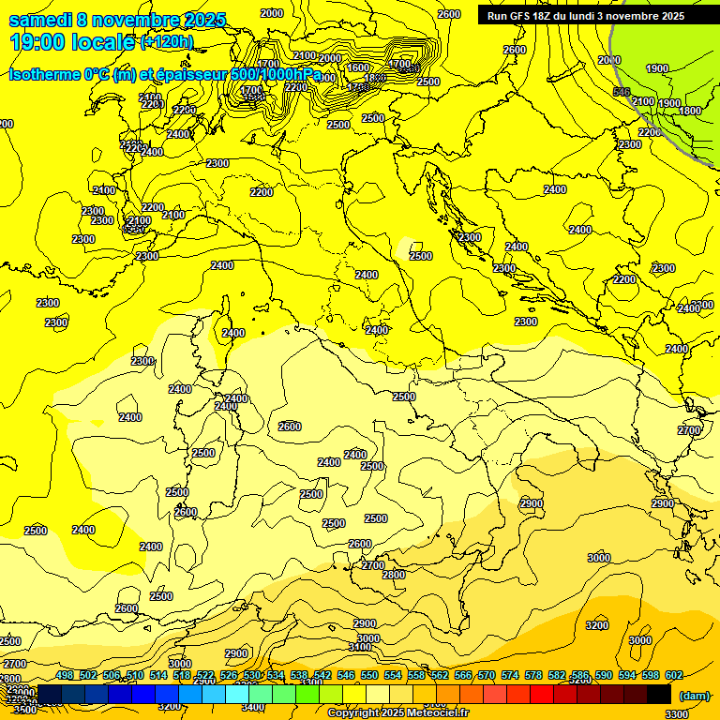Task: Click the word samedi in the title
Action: tap(39, 20)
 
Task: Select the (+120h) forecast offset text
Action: tap(167, 42)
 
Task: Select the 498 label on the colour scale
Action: tap(65, 675)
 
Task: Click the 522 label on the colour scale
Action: tap(205, 675)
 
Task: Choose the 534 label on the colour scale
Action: tap(276, 675)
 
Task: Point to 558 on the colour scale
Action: tap(416, 675)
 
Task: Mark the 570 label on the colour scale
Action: tap(487, 675)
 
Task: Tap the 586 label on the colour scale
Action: tap(580, 675)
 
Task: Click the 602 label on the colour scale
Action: tap(674, 675)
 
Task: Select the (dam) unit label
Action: tap(695, 695)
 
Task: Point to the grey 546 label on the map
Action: tap(621, 92)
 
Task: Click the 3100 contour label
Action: tap(359, 648)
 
